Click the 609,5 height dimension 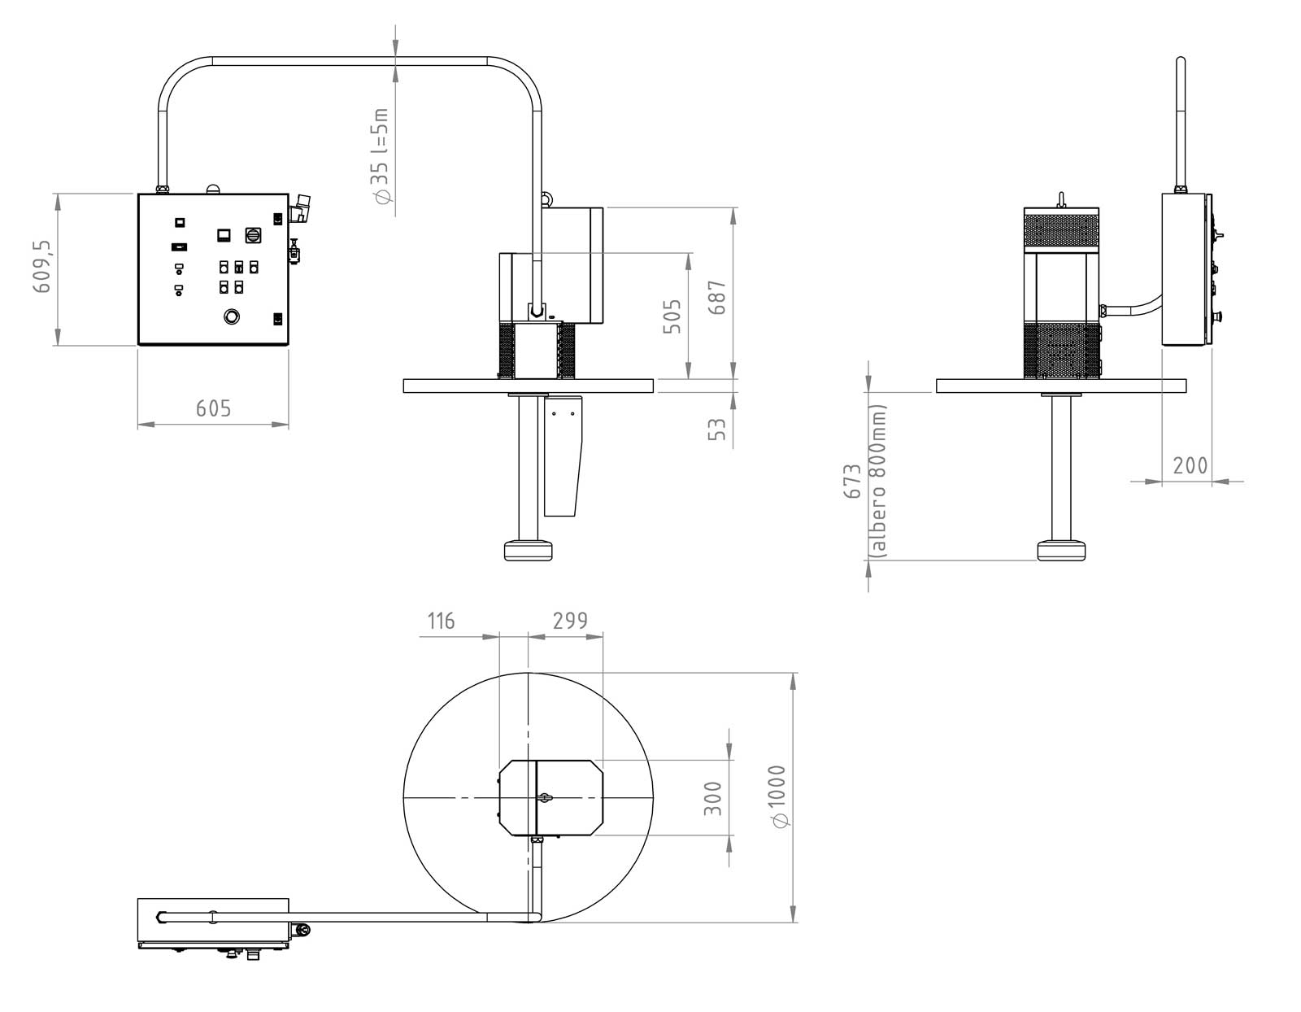[42, 267]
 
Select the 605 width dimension [213, 408]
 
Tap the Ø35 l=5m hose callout [381, 155]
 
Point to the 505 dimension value [672, 316]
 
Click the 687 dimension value [716, 297]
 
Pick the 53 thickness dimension [716, 429]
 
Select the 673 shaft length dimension [852, 480]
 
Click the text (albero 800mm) [877, 482]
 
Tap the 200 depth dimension [1190, 465]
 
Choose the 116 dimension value [441, 621]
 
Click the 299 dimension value [570, 621]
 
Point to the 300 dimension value [712, 798]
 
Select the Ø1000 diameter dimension [777, 796]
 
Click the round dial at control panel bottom [232, 316]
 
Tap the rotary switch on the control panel [253, 235]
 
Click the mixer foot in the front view [528, 550]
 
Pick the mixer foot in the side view [1061, 550]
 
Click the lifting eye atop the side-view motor [1061, 198]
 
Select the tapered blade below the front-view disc [563, 455]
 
